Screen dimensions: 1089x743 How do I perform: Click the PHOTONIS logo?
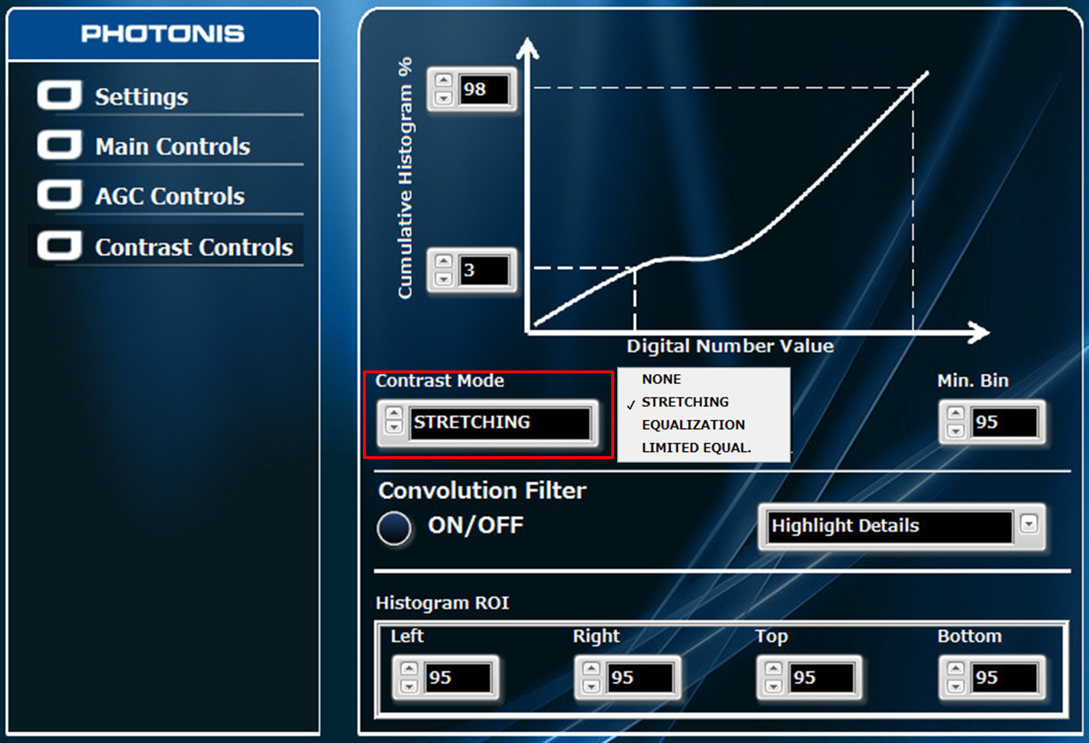163,33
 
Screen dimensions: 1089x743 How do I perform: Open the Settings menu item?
142,97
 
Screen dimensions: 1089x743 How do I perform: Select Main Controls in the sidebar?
173,147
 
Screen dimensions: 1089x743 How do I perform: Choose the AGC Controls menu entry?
170,196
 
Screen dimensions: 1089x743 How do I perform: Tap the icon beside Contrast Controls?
60,245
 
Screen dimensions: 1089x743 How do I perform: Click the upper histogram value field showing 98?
484,89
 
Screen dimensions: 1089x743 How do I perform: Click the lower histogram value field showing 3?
484,270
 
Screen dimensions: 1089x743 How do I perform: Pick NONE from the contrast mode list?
661,379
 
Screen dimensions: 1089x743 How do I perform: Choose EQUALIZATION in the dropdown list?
693,424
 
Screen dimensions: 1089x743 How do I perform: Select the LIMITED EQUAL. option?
696,447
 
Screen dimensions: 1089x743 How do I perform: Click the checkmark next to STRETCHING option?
631,405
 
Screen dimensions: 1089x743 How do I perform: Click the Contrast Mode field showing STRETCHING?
499,423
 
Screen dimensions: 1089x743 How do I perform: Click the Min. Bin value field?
1004,422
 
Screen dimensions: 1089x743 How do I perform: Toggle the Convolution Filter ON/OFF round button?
394,527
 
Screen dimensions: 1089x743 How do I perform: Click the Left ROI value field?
457,678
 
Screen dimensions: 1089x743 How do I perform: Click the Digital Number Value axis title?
730,346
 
